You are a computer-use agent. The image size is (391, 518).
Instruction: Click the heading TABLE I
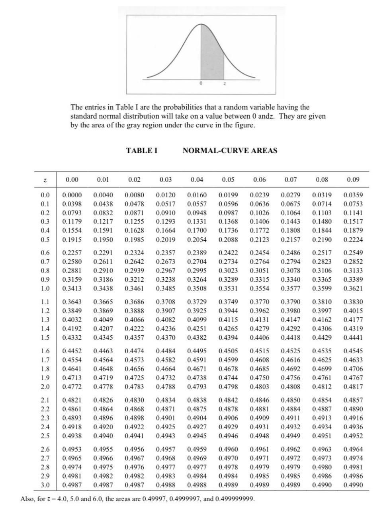click(141, 150)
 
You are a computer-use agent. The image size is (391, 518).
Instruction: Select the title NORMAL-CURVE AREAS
click(230, 150)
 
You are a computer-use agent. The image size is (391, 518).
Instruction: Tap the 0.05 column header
click(228, 180)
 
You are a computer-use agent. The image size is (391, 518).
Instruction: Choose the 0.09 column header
click(353, 180)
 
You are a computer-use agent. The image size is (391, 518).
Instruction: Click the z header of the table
click(45, 180)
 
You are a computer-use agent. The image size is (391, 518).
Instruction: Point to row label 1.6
click(45, 351)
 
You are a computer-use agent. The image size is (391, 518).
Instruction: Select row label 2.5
click(45, 436)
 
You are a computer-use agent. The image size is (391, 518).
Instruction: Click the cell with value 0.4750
click(259, 378)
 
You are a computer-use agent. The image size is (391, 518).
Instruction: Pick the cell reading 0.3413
click(72, 288)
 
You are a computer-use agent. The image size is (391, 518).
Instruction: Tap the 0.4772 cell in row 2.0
click(72, 387)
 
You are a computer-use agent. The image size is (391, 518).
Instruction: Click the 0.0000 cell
click(72, 195)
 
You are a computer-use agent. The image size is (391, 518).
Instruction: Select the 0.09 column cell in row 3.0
click(353, 485)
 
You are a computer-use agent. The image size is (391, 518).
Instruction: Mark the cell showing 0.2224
click(353, 240)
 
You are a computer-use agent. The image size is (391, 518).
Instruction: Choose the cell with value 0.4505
click(228, 351)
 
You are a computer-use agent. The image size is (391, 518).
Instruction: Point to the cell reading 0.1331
click(197, 222)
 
